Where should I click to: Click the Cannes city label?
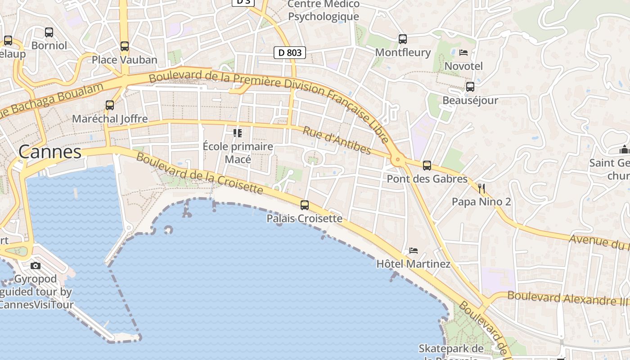coord(50,152)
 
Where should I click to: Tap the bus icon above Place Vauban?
coord(125,46)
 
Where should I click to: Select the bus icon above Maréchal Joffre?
coord(110,105)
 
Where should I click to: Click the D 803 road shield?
coord(290,53)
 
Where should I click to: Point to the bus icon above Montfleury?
coord(403,39)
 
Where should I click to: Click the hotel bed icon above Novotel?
coord(463,53)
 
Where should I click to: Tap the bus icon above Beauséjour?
coord(470,87)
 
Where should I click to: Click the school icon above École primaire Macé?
coord(238,133)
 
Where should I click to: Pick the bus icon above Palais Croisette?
coord(305,205)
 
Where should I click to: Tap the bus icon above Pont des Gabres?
coord(427,166)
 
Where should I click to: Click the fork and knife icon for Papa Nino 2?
coord(481,188)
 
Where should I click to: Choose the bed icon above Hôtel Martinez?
coord(414,250)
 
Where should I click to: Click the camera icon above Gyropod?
coord(36,265)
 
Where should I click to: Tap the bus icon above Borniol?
coord(49,32)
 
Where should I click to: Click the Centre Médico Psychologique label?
coord(324,10)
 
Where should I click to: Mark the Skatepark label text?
coord(451,349)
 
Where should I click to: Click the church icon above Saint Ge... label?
coord(624,149)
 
